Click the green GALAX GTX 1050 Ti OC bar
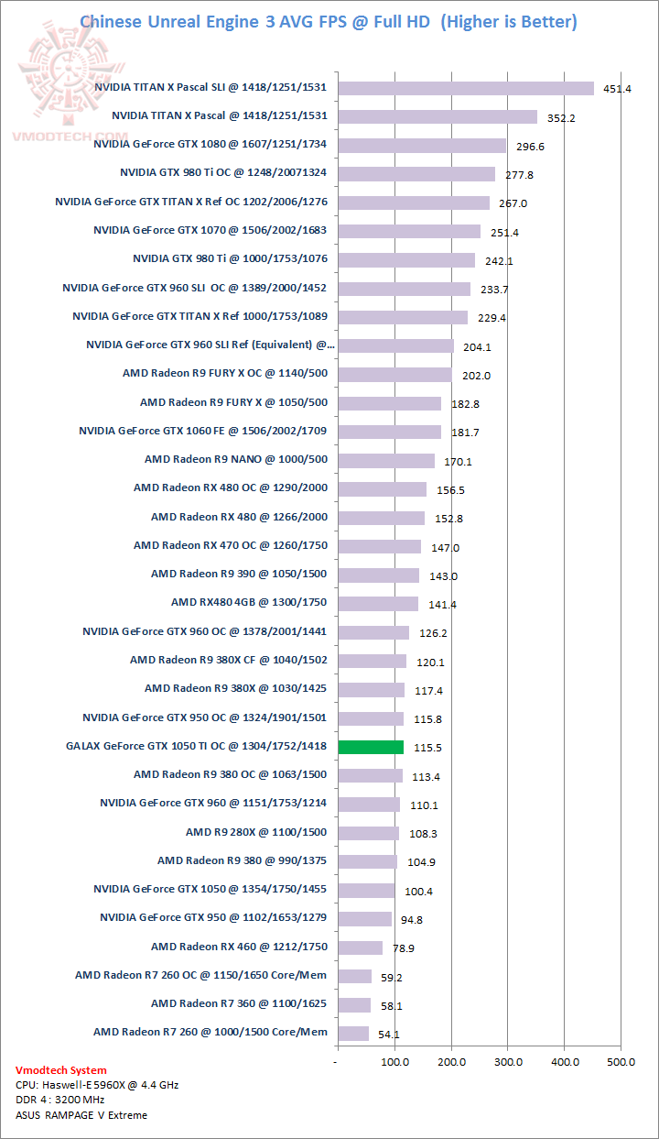tap(371, 747)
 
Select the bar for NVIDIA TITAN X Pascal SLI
tap(466, 88)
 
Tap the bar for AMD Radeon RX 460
tap(361, 947)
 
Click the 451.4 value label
tap(612, 89)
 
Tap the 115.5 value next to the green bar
tap(427, 748)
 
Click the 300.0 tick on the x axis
tap(508, 1061)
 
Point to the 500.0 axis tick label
tap(621, 1061)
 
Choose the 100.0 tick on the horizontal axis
tap(394, 1061)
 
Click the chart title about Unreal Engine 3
tap(329, 21)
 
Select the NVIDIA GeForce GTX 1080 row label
tap(210, 145)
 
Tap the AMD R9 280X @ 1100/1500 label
tap(256, 832)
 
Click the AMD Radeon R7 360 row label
tap(239, 1003)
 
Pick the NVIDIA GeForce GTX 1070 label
tap(210, 231)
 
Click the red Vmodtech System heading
tap(60, 1069)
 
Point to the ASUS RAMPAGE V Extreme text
tap(81, 1115)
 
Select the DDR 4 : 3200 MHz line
tap(60, 1100)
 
